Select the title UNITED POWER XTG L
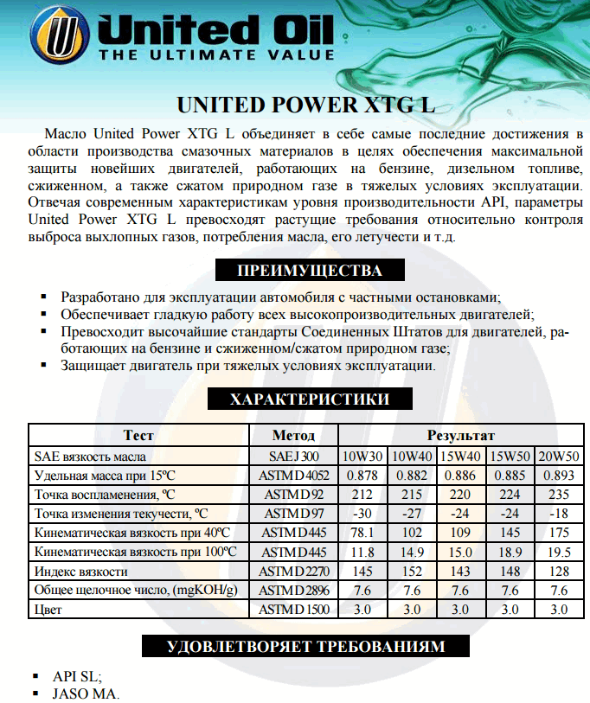pos(305,105)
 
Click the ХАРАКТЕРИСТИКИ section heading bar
pos(310,399)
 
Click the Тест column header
pos(138,435)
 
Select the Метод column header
pos(293,435)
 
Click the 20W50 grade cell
pos(559,456)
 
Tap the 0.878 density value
pos(362,476)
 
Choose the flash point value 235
pos(559,495)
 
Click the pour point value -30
pos(362,514)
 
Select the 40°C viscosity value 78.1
pos(362,533)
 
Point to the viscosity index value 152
pos(412,571)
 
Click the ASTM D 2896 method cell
pos(293,590)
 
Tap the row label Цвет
pos(48,610)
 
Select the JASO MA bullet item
pos(85,693)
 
